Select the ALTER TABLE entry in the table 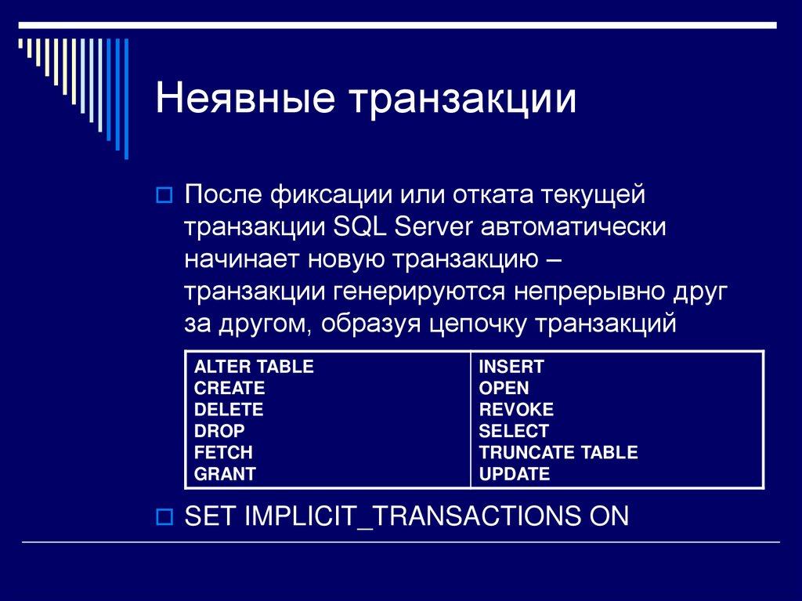pos(254,367)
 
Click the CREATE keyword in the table pos(229,388)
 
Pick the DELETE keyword pos(229,409)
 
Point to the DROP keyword pos(219,431)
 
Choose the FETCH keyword pos(223,452)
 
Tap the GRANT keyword pos(225,473)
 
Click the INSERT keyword pos(511,367)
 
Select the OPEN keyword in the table pos(504,388)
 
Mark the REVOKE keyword pos(516,409)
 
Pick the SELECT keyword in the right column pos(514,431)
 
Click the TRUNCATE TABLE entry pos(558,452)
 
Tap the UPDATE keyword pos(515,473)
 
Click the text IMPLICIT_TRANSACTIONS pos(408,516)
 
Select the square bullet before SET pos(165,516)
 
